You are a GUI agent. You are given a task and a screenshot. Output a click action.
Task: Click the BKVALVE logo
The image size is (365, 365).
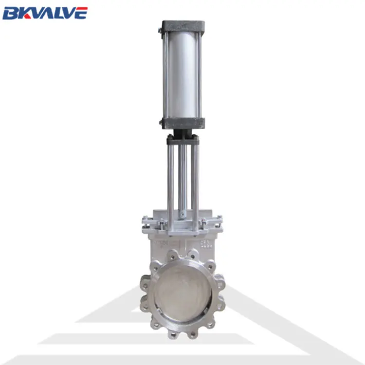[45, 13]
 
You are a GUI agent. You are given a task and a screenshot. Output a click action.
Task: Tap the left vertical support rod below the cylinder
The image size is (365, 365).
[171, 180]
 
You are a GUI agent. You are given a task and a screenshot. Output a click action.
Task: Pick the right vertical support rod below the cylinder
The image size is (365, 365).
[195, 180]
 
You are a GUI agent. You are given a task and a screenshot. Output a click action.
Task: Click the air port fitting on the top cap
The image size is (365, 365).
[160, 30]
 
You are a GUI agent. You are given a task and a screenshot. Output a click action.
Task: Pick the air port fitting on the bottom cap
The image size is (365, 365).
[161, 123]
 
